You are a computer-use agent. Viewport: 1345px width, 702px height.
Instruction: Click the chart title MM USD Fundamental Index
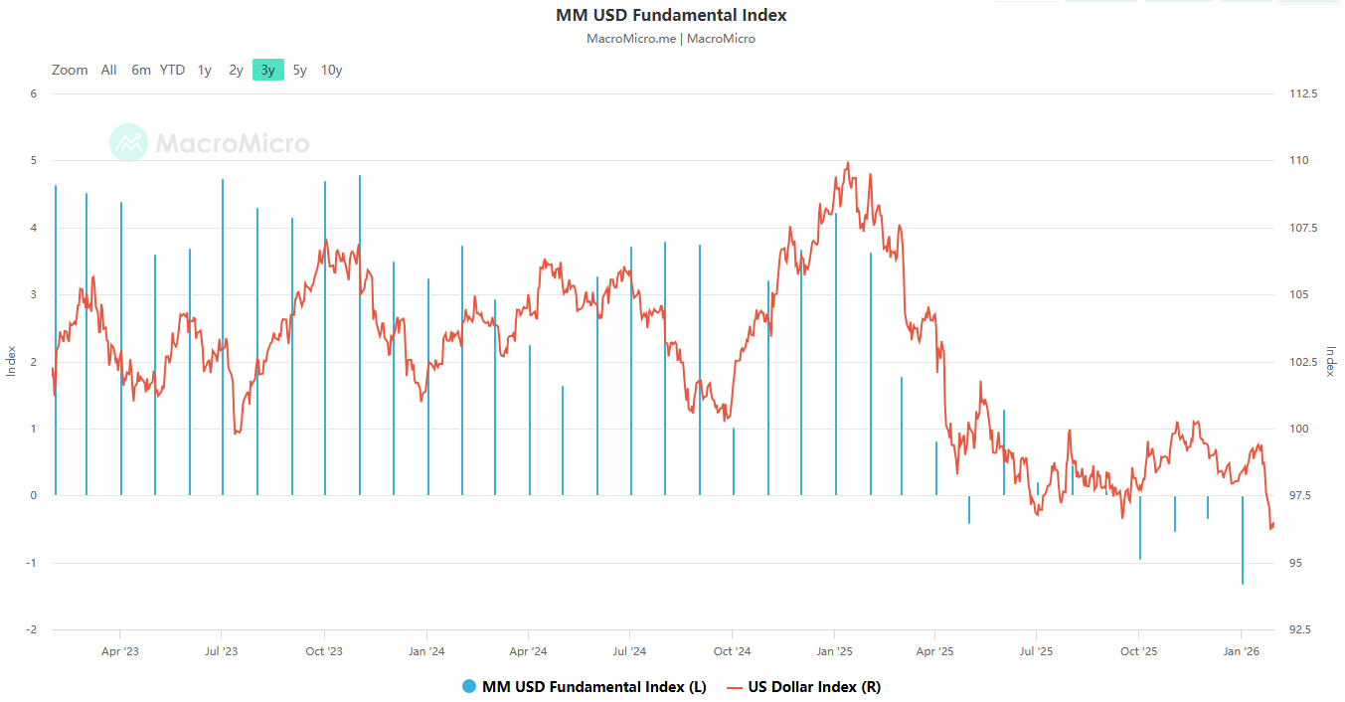671,15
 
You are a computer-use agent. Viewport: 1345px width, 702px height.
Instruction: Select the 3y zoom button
267,70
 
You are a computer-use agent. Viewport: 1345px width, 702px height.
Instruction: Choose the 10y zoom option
331,70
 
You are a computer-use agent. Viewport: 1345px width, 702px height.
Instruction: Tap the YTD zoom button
172,70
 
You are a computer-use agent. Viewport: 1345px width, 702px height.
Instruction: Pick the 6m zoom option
141,70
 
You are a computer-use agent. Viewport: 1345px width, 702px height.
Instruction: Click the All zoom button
108,70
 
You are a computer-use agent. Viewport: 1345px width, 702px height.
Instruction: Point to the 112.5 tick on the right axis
1302,93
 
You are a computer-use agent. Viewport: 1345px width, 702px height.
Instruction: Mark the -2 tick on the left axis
32,629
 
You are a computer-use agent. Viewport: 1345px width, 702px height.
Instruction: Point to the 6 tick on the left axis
34,93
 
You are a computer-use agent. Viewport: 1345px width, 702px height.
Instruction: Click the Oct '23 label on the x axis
323,651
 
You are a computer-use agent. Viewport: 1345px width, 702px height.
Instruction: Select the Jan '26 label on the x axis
1241,651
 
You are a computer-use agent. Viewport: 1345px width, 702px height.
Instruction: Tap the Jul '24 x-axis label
629,651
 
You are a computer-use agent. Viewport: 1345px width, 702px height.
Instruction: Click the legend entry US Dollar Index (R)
813,687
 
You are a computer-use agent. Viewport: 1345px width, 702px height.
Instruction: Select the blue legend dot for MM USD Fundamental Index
469,687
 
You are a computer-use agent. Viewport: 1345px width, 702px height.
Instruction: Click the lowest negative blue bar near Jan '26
1243,577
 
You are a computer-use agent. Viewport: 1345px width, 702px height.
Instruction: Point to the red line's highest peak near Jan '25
847,163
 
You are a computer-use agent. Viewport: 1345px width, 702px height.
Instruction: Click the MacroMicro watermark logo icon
128,143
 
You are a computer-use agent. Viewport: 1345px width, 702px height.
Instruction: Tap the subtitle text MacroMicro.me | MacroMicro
671,39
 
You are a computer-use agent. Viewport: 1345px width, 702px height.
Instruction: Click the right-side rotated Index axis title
1330,362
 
